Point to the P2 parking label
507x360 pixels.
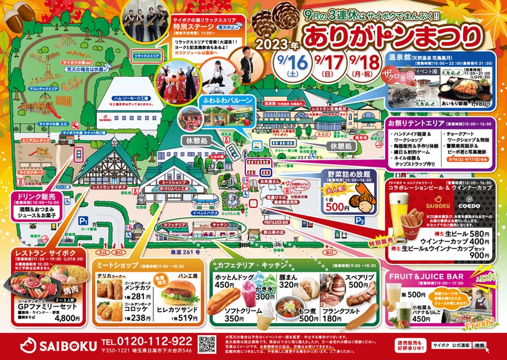point(360,221)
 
